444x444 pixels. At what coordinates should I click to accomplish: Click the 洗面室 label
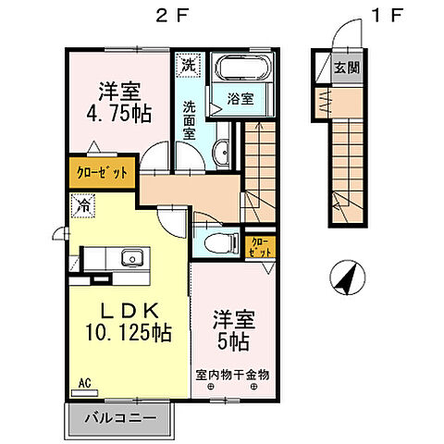pos(188,118)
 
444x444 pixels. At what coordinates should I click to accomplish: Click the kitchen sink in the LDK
pos(130,258)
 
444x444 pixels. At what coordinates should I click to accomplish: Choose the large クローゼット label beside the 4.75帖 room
pos(101,172)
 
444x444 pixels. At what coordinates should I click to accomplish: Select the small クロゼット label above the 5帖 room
pos(262,247)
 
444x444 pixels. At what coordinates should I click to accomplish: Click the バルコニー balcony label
pos(116,419)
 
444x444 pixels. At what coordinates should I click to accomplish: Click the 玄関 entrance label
pos(348,68)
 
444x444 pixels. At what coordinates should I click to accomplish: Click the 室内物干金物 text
pos(232,375)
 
